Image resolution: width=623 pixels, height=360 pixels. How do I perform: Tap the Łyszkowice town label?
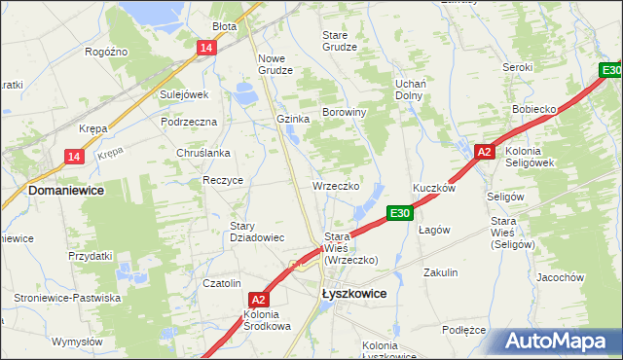(x=353, y=293)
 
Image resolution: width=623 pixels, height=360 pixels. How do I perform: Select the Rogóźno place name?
(x=107, y=52)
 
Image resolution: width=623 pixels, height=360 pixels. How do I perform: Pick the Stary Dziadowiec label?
(x=256, y=232)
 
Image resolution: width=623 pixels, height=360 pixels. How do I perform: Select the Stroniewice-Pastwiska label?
(x=67, y=298)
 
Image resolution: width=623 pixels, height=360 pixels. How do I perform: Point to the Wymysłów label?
(x=77, y=342)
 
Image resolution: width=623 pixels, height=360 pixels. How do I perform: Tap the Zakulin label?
(x=440, y=273)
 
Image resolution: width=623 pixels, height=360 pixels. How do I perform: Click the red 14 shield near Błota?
(x=205, y=49)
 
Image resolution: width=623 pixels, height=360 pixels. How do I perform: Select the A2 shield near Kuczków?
(x=485, y=152)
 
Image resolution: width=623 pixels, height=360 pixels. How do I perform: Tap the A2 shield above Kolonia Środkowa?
(x=258, y=300)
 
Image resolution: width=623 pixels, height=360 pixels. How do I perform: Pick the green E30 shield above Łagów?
(x=400, y=213)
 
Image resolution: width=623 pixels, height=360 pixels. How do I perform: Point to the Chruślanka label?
(x=203, y=153)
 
